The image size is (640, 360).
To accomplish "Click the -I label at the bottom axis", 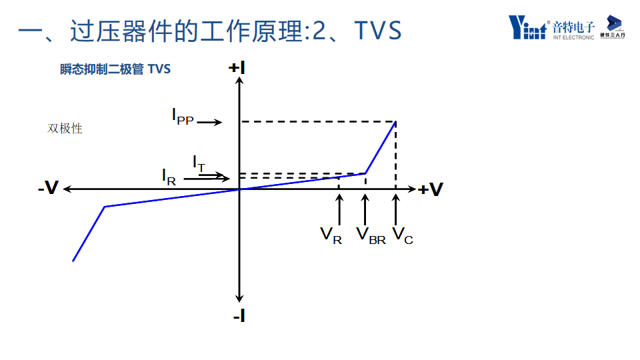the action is point(239,316).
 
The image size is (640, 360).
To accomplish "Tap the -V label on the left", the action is point(48,190).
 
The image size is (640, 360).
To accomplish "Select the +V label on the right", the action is point(431,190).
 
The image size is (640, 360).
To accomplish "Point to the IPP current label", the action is point(182,117).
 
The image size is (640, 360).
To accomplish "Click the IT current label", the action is point(199,163).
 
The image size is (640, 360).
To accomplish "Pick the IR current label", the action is point(169,177).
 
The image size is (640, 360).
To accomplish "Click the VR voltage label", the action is point(331,235).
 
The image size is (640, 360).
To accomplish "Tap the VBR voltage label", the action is point(371,235).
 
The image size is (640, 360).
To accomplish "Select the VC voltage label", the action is point(403,235).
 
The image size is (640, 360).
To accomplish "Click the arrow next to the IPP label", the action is point(209,122).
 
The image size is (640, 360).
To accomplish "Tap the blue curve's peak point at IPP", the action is point(396,122).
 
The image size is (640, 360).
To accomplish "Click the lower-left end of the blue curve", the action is point(73,260).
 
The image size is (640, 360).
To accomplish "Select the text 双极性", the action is point(65,129).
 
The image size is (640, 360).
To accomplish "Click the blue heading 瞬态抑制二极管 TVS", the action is point(115,69).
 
